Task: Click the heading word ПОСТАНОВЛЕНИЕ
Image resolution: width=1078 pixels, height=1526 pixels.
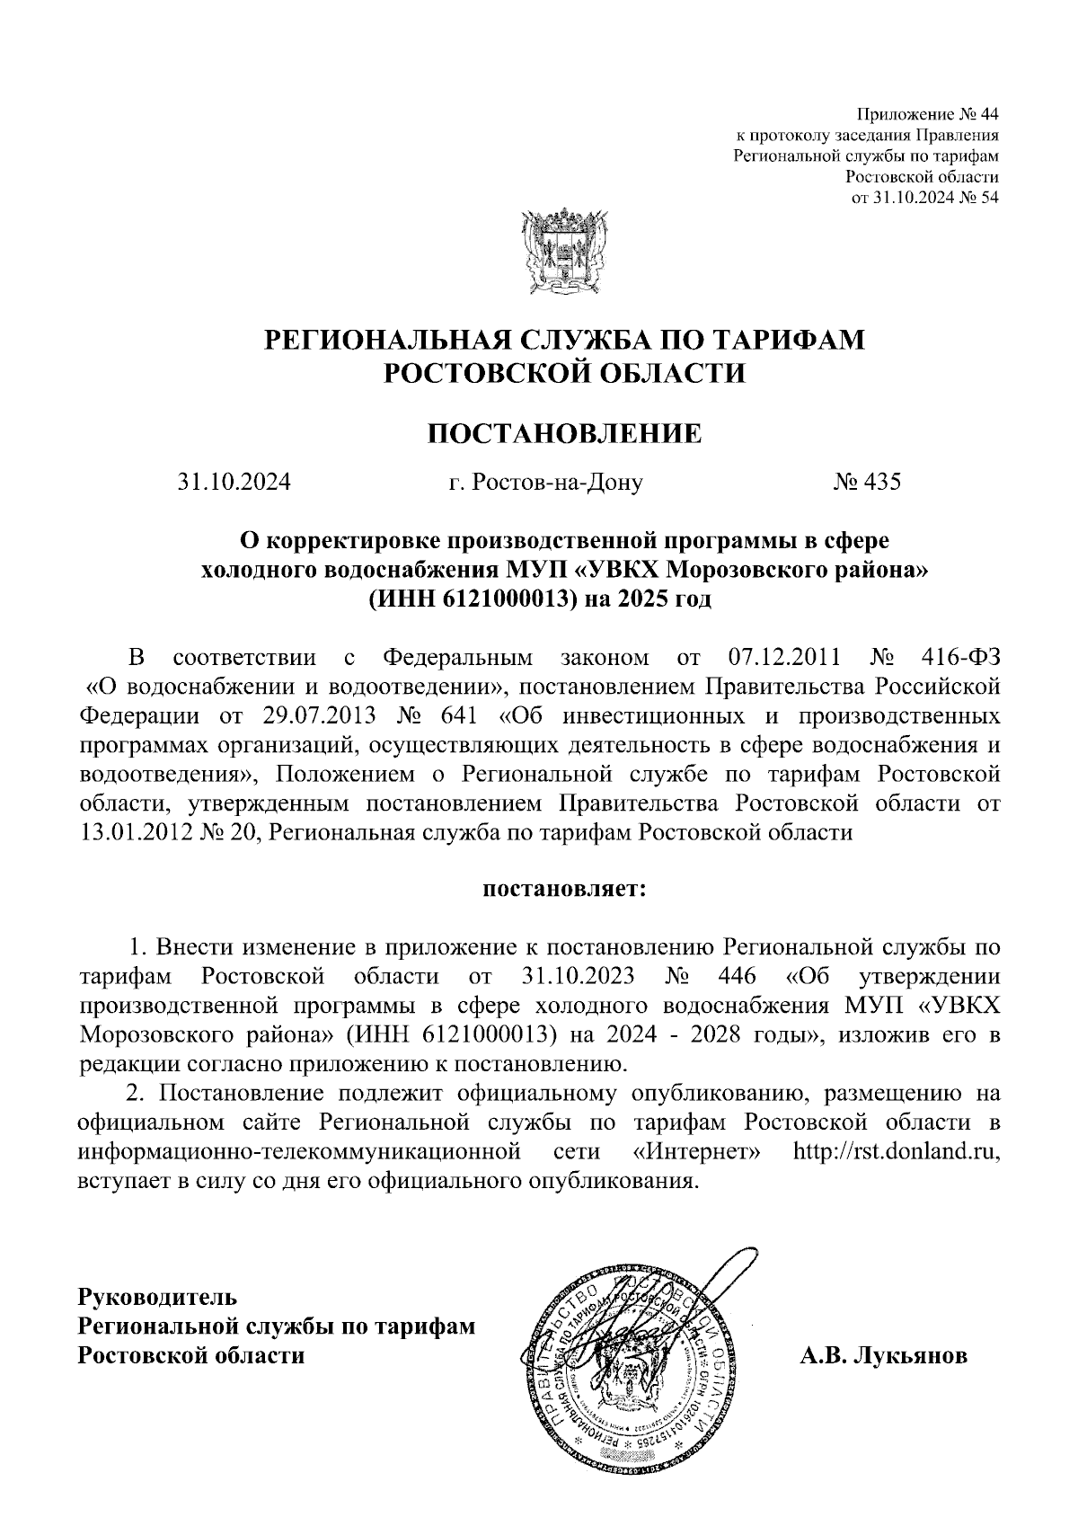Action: (x=563, y=435)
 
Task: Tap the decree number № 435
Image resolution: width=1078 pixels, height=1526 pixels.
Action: (x=866, y=483)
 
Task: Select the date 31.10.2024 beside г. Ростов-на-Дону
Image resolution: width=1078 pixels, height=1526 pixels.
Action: (x=234, y=483)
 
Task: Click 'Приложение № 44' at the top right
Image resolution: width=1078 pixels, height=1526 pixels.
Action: (x=926, y=114)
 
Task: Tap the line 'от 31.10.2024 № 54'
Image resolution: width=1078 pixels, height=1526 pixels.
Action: (x=924, y=198)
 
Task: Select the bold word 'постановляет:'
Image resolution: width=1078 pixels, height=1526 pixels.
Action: (x=564, y=890)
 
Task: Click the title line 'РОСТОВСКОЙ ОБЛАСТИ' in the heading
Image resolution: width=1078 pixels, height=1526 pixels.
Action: (x=563, y=373)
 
